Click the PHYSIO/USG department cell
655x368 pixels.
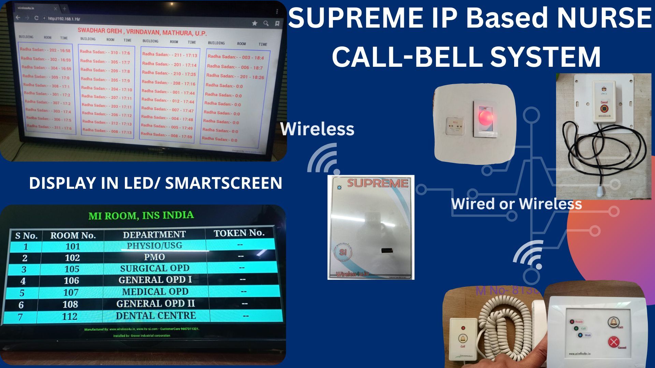(x=155, y=246)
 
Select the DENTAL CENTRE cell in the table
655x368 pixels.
(x=156, y=316)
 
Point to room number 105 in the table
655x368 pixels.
(x=72, y=269)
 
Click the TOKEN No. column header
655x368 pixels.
(x=239, y=233)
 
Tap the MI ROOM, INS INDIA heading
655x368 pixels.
(x=141, y=215)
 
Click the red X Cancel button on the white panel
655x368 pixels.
(x=613, y=342)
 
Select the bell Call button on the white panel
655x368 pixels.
(x=613, y=322)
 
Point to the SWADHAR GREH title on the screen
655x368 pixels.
(x=142, y=32)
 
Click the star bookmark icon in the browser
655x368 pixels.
(x=254, y=23)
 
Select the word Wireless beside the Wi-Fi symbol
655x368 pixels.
(x=317, y=129)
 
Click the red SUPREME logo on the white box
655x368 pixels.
(x=377, y=183)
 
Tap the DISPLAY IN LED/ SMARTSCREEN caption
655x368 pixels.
(x=156, y=183)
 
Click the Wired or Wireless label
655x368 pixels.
(x=516, y=204)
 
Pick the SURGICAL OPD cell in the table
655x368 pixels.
(x=155, y=269)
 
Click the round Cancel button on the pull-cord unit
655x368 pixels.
(x=604, y=108)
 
